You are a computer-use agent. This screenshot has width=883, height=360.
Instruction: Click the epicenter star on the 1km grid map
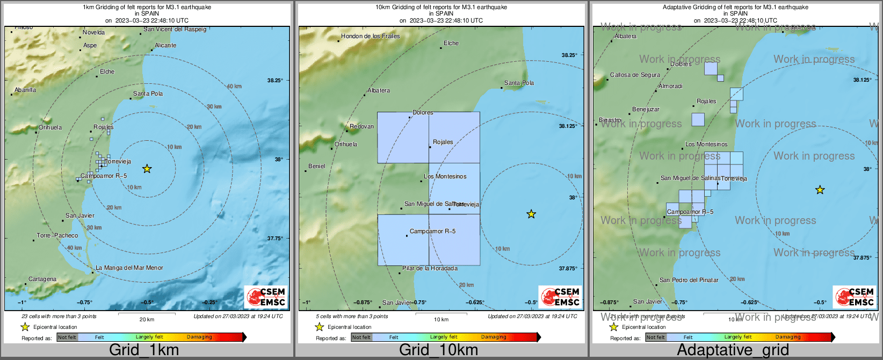click(x=147, y=169)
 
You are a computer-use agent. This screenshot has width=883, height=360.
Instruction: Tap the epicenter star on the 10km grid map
click(x=531, y=214)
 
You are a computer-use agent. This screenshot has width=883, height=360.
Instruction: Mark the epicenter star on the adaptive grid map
click(x=820, y=190)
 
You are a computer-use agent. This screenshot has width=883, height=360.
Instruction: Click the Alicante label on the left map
click(x=165, y=46)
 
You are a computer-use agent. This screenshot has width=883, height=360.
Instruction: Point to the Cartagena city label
click(x=42, y=279)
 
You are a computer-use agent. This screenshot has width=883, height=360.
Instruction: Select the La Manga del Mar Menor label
click(x=129, y=268)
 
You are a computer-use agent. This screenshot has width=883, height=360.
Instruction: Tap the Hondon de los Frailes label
click(x=371, y=36)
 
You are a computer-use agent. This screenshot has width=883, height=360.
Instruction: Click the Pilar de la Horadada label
click(x=430, y=268)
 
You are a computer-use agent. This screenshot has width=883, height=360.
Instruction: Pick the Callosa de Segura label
click(x=635, y=75)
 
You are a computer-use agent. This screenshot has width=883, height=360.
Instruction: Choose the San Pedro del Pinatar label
click(x=689, y=280)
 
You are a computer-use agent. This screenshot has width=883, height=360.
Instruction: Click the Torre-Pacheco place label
click(x=57, y=235)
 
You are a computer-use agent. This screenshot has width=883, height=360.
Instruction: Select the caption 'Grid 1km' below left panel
click(x=144, y=350)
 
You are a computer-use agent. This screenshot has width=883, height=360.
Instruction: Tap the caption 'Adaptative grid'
click(x=733, y=350)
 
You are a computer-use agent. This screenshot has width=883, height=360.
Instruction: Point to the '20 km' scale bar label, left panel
click(x=147, y=320)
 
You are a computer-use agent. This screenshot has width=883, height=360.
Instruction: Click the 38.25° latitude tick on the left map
click(x=275, y=81)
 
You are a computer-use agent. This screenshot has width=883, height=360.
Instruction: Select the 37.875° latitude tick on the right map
click(x=863, y=257)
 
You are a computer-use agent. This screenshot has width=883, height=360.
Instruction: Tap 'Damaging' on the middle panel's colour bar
click(x=494, y=337)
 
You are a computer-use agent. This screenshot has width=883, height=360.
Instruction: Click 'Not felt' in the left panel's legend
click(x=67, y=337)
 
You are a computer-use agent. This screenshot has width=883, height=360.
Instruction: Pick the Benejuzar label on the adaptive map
click(x=646, y=110)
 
